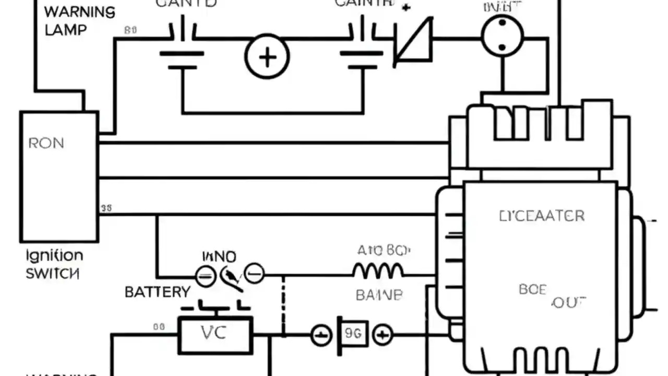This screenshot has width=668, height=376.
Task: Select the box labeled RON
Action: click(58, 177)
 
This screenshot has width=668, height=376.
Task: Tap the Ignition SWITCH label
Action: click(54, 264)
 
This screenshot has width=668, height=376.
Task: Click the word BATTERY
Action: click(157, 292)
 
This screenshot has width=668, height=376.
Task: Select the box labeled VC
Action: click(216, 335)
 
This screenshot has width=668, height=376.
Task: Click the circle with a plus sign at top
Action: click(267, 56)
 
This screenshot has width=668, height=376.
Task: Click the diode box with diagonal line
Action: click(413, 41)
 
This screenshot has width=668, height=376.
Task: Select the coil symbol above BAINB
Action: click(378, 271)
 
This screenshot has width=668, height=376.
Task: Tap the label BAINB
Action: click(379, 295)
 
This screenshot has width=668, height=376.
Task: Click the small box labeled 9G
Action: click(353, 334)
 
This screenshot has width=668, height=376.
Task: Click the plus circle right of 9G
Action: click(383, 335)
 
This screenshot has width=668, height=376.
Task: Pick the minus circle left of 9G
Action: click(321, 335)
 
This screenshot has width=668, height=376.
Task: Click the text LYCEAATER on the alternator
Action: click(542, 216)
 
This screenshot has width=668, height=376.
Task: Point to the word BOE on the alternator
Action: click(532, 289)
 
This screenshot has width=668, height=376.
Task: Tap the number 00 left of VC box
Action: click(159, 327)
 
